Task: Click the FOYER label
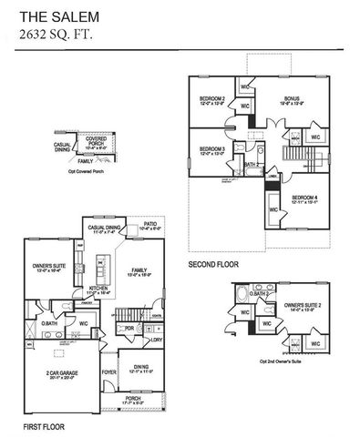click(x=108, y=371)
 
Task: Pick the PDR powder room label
click(x=130, y=329)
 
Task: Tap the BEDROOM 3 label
click(x=211, y=149)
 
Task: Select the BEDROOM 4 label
click(x=305, y=198)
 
